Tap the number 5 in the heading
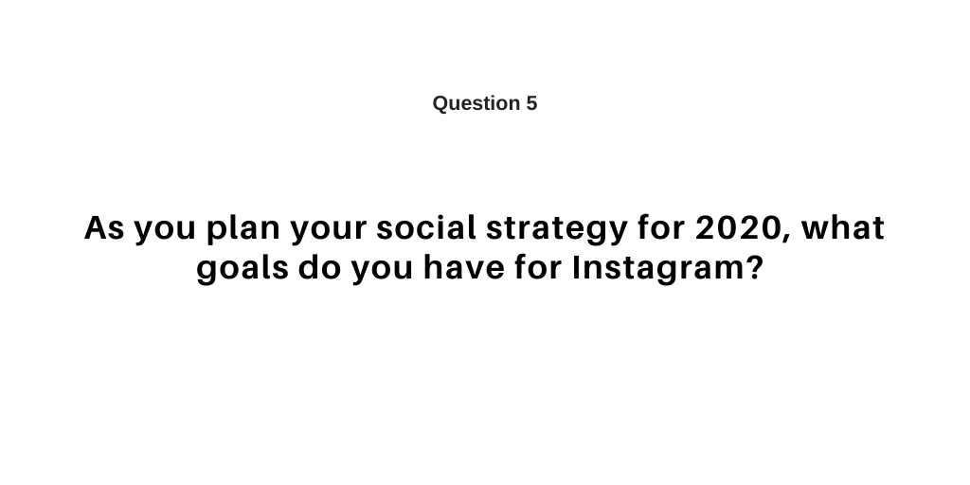pyautogui.click(x=531, y=103)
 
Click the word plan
pyautogui.click(x=242, y=230)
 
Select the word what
pyautogui.click(x=843, y=228)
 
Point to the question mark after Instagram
pyautogui.click(x=754, y=270)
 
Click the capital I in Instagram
pyautogui.click(x=578, y=270)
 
